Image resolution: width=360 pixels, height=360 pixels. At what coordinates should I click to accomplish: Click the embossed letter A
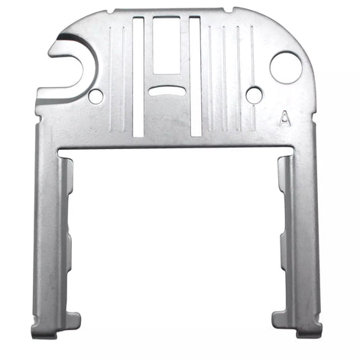(x=285, y=118)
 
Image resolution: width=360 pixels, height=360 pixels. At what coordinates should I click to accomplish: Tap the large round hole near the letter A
(x=286, y=68)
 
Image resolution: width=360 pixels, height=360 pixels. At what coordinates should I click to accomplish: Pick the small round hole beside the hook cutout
(x=96, y=96)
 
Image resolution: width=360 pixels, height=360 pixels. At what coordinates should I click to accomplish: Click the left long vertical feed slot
(x=138, y=77)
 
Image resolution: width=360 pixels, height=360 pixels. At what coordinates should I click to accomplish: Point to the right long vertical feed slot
(x=196, y=76)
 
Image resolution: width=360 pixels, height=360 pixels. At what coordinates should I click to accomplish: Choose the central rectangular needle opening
(x=167, y=45)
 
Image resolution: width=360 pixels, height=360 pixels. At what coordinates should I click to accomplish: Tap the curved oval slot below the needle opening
(x=167, y=91)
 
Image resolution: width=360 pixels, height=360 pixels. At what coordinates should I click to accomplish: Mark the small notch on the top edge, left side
(x=111, y=11)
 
